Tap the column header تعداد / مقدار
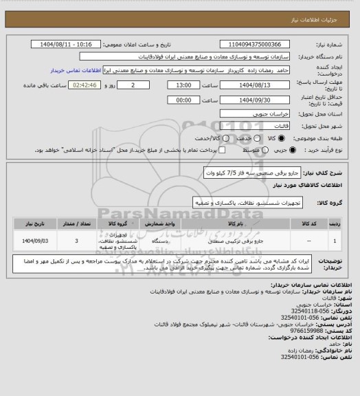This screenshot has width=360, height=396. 76,224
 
